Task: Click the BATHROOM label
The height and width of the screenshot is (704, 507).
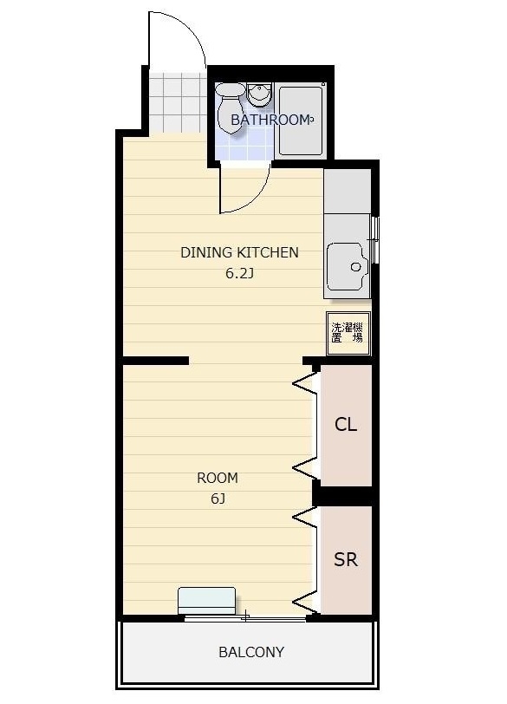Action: [270, 120]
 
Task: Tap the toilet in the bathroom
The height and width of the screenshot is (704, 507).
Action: [231, 108]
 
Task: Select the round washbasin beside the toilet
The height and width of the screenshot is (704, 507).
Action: [259, 95]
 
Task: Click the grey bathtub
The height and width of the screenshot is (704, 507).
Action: [301, 121]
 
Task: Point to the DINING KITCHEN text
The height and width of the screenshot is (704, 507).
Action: [239, 252]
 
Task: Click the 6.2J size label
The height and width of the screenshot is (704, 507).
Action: [239, 273]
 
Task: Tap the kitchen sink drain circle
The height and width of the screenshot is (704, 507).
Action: [356, 267]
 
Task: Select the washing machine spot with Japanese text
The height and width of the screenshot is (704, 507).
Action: [348, 333]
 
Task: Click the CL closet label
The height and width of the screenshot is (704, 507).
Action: [346, 424]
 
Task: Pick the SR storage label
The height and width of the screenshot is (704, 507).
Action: [346, 559]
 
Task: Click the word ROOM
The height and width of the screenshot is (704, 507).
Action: [218, 478]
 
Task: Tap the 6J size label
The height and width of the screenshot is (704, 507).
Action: [218, 499]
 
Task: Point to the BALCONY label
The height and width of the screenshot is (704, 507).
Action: [251, 652]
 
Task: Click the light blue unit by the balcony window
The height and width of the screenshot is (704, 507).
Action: [207, 600]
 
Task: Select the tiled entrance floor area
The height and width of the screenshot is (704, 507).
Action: [177, 102]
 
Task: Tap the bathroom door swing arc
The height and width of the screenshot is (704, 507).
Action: [256, 197]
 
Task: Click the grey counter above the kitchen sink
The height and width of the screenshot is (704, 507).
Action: [348, 192]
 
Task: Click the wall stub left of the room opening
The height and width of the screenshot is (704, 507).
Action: [155, 361]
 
